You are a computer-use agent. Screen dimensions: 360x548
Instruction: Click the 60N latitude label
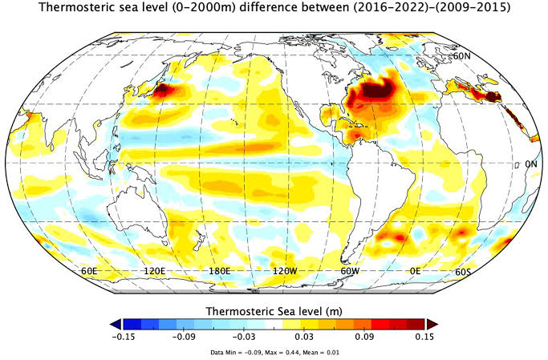click(461, 57)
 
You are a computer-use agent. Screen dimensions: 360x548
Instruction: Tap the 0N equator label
click(530, 164)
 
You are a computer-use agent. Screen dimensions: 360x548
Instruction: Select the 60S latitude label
click(463, 272)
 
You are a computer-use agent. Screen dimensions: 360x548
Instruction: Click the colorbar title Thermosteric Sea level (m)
click(274, 309)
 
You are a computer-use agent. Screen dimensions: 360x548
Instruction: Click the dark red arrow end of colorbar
click(431, 323)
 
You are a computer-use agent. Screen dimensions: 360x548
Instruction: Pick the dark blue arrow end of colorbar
click(116, 323)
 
